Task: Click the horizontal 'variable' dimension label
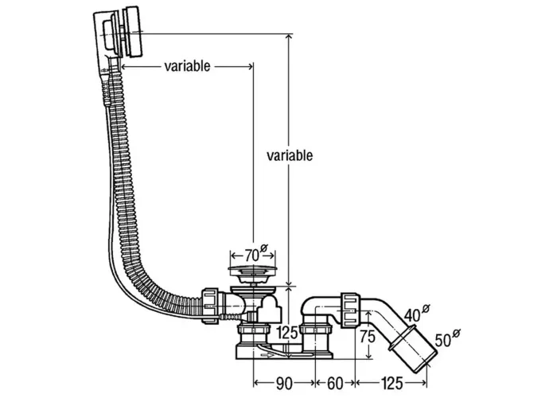click(x=187, y=66)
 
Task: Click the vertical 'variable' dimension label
click(x=290, y=156)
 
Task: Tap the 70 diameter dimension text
click(x=252, y=256)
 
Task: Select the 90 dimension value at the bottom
click(x=284, y=384)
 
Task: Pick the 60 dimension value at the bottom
click(x=335, y=384)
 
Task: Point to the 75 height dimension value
click(x=368, y=336)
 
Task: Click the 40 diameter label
click(x=412, y=314)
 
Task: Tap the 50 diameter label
click(x=443, y=341)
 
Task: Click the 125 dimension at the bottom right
click(x=392, y=384)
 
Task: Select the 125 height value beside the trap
click(x=287, y=333)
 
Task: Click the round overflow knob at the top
click(x=132, y=32)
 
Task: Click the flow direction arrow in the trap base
click(x=267, y=355)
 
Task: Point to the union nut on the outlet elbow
click(x=350, y=310)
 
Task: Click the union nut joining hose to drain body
click(x=211, y=306)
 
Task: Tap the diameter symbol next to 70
click(x=264, y=248)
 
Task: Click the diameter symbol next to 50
click(x=457, y=334)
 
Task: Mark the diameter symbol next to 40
click(x=426, y=308)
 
